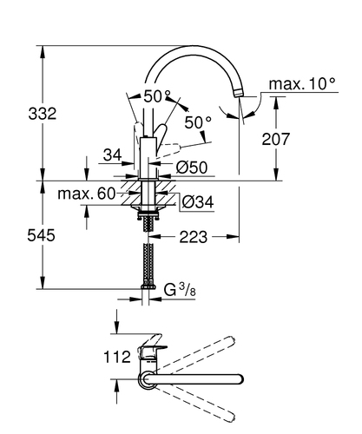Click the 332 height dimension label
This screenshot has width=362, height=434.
click(43, 114)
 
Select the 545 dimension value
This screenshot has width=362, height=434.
click(41, 235)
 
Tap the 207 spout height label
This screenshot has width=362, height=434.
click(275, 139)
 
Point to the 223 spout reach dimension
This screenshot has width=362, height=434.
click(194, 237)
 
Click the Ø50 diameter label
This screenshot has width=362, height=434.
click(192, 168)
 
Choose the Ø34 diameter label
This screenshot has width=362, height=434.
click(198, 201)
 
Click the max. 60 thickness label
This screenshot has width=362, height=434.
click(87, 194)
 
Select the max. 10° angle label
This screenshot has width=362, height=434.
click(302, 84)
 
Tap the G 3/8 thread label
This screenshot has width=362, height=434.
click(180, 290)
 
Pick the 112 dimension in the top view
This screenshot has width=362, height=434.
click(117, 357)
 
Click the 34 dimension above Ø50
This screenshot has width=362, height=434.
click(112, 155)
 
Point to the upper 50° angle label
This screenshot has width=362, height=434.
click(157, 96)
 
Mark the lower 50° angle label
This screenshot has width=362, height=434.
click(198, 122)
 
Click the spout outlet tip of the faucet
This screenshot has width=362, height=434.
click(238, 93)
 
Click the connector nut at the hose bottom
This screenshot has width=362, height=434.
click(148, 286)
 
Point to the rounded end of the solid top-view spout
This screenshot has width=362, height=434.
click(240, 379)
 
